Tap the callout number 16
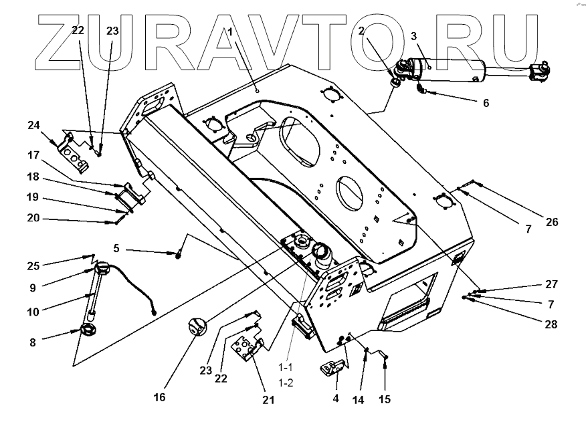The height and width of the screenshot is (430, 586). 159,397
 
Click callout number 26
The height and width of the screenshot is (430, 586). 551,222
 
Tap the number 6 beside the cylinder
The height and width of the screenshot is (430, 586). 486,103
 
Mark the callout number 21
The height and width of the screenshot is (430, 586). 268,400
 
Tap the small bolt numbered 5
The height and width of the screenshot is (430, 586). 179,253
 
